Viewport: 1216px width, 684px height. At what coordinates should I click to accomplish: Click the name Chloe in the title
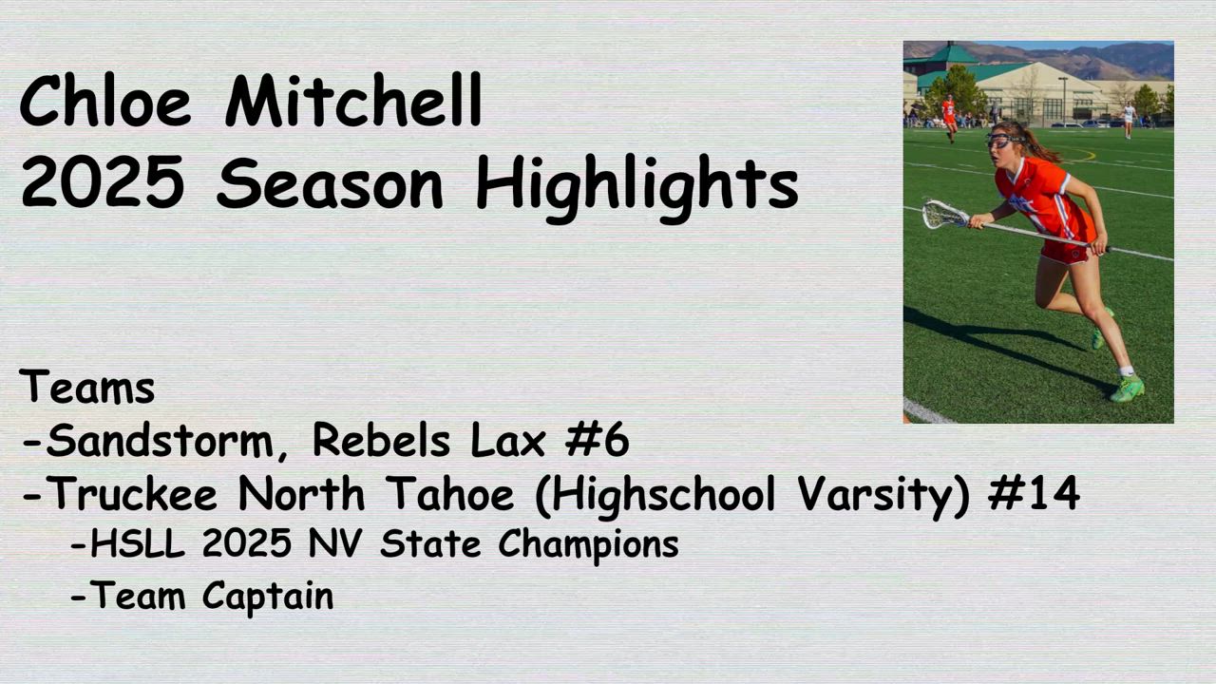pyautogui.click(x=105, y=101)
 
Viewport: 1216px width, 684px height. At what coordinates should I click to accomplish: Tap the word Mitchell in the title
pyautogui.click(x=353, y=100)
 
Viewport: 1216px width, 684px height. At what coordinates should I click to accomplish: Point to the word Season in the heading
pyautogui.click(x=330, y=182)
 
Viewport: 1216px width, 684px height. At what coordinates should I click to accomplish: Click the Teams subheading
pyautogui.click(x=86, y=386)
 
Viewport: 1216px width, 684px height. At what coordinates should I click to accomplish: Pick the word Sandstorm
pyautogui.click(x=161, y=441)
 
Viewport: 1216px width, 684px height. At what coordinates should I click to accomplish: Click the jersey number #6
pyautogui.click(x=598, y=439)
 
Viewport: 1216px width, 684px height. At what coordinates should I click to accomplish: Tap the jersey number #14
pyautogui.click(x=1034, y=492)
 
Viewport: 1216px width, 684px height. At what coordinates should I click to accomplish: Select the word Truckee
pyautogui.click(x=135, y=493)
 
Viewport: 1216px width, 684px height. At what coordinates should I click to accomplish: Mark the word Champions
pyautogui.click(x=588, y=546)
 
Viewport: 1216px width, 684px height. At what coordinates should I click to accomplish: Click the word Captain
pyautogui.click(x=268, y=598)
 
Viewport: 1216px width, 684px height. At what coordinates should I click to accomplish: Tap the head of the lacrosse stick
pyautogui.click(x=945, y=215)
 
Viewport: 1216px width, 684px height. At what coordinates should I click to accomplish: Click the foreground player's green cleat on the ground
pyautogui.click(x=1127, y=389)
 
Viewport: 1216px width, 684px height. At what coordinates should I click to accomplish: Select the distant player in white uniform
pyautogui.click(x=1129, y=120)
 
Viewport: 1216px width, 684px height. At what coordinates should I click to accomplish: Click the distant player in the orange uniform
pyautogui.click(x=949, y=118)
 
